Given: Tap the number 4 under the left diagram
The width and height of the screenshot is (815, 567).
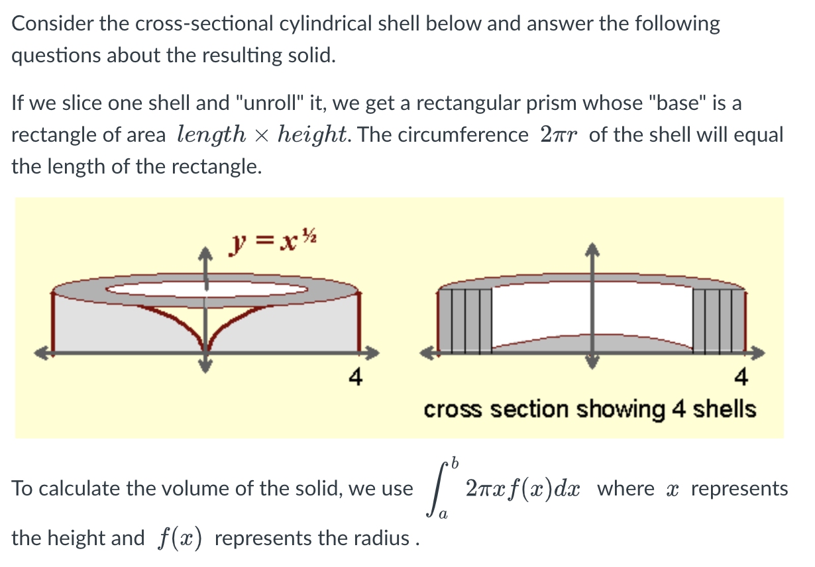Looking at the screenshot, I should click(x=356, y=378).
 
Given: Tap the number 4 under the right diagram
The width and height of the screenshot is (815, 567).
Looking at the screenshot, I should click(x=741, y=378).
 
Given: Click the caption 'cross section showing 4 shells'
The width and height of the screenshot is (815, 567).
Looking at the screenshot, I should click(x=590, y=409).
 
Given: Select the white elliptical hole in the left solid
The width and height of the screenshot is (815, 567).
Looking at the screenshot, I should click(x=207, y=289).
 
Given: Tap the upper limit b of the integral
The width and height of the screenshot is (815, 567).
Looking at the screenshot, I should click(x=455, y=459).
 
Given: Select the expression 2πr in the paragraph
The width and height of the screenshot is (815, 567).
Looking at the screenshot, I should click(x=559, y=135).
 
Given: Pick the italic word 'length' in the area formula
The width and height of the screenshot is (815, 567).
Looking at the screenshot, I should click(x=211, y=135).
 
